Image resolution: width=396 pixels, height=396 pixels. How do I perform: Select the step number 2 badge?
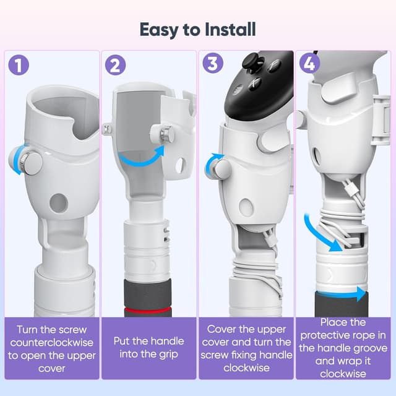pyautogui.click(x=116, y=65)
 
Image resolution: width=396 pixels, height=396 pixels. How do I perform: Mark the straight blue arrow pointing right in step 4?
pyautogui.click(x=356, y=295)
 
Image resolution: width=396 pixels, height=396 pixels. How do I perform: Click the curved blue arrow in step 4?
pyautogui.click(x=322, y=233)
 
